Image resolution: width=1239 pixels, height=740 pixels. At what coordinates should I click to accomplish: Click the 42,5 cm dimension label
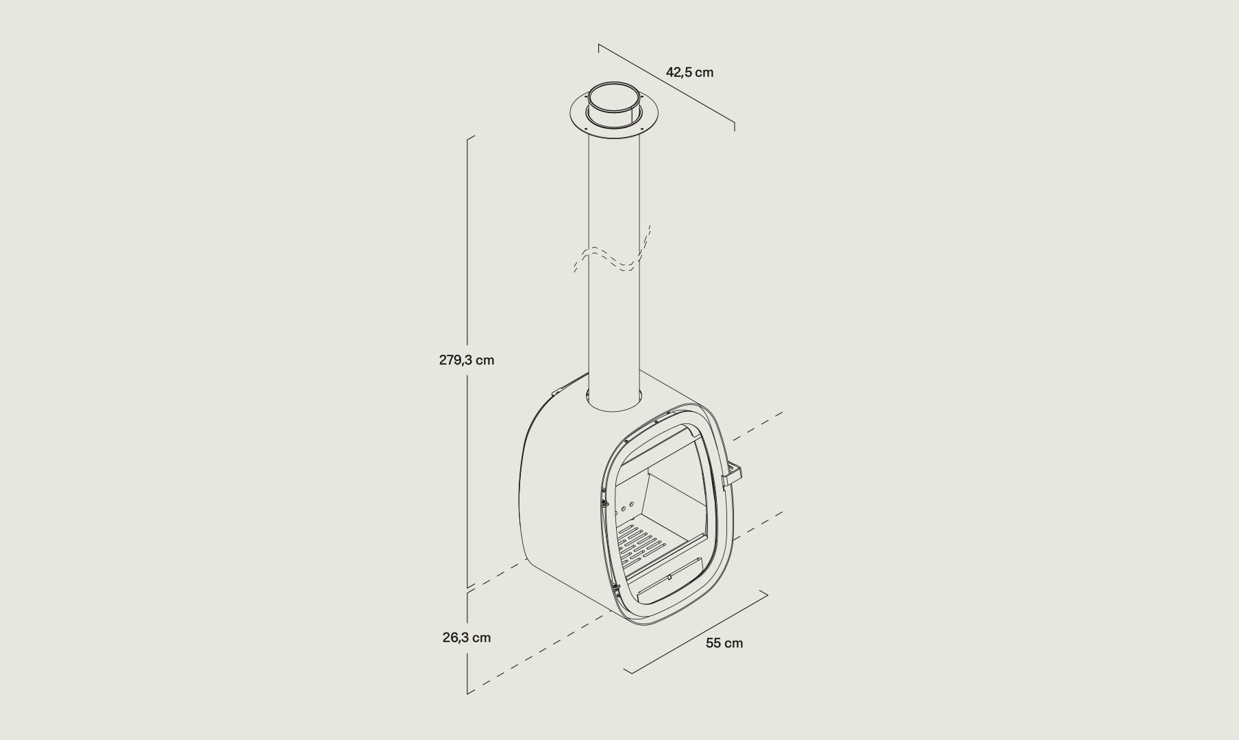(689, 72)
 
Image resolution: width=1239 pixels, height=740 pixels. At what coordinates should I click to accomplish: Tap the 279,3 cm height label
(467, 360)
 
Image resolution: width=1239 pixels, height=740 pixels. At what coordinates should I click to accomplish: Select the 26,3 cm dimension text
(467, 637)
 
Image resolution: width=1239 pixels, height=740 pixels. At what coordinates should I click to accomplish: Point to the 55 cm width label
(724, 643)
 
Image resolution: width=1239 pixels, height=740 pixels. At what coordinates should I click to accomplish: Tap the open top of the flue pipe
(614, 98)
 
